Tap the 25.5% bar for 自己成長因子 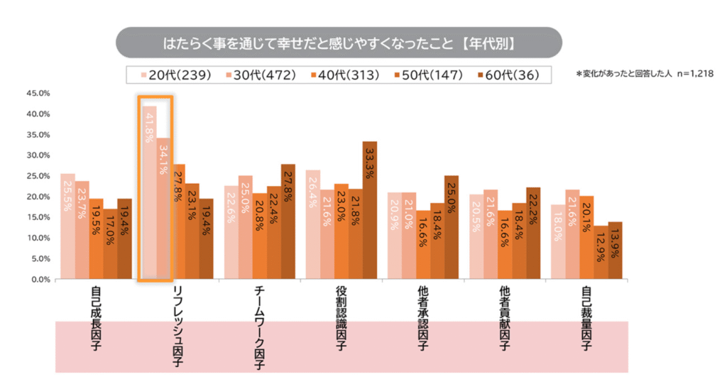point(67,226)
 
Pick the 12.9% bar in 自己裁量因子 point(601,252)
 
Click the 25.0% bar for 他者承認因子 point(452,227)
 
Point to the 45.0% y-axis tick point(37,93)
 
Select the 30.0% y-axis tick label point(37,155)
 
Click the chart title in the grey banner point(339,43)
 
